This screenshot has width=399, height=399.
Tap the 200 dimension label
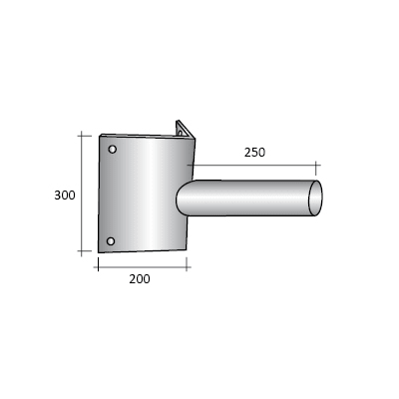pos(140,279)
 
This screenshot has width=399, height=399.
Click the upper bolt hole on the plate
pos(113,150)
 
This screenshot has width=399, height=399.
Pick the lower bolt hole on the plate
pos(111,240)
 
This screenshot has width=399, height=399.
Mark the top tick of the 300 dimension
pos(81,133)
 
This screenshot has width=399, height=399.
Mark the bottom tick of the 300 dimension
pos(81,254)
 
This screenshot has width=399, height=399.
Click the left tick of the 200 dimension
pos(98,264)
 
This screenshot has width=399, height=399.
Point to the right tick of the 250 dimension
pos(317,166)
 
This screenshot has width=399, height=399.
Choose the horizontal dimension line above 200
pos(143,264)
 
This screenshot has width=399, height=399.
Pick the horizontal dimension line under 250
pos(255,166)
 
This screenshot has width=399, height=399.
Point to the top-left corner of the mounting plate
pos(101,134)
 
